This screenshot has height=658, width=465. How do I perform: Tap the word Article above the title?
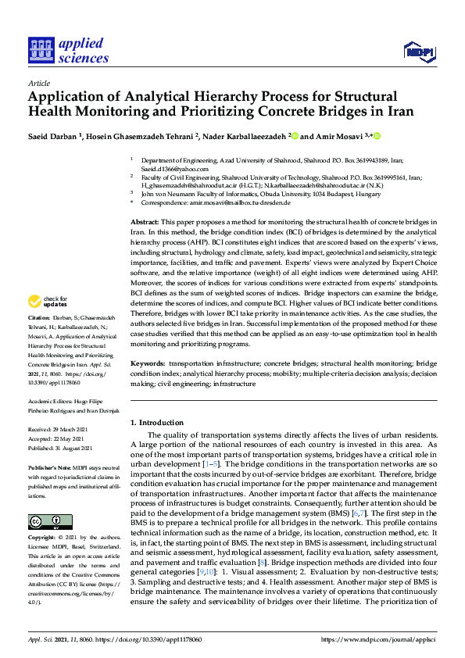pos(38,82)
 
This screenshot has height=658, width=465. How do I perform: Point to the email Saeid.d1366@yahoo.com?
pos(174,169)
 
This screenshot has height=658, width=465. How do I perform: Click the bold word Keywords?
pos(148,364)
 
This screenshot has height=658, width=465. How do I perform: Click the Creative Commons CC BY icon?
pos(45,521)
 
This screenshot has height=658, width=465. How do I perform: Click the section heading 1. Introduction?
pos(156,423)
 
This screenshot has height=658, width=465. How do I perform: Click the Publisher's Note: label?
pos(49,467)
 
